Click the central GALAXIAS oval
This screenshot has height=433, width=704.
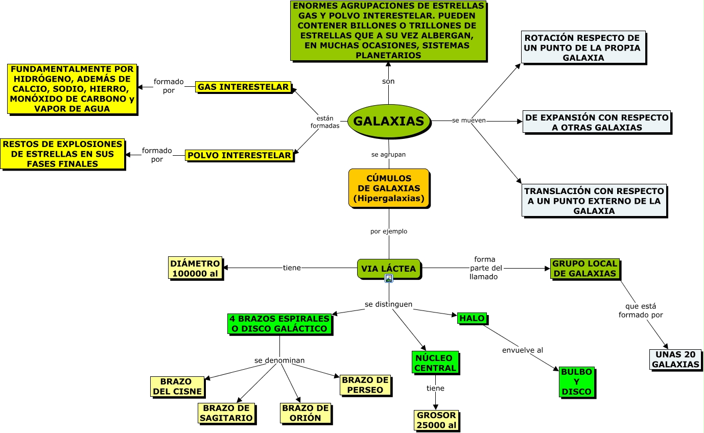coord(389,121)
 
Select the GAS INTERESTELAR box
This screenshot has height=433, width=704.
coord(243,87)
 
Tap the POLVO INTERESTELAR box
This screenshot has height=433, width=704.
coord(239,155)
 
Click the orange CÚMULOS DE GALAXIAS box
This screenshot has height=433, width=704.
coord(389,188)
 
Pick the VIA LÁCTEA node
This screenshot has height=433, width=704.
coord(389,269)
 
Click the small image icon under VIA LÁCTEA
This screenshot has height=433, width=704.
coord(389,278)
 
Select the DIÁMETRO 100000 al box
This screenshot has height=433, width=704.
coord(195,268)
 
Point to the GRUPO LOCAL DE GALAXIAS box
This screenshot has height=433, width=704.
coord(585,269)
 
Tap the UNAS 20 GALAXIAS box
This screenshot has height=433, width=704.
coord(675,359)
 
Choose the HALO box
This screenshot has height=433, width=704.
coord(472,318)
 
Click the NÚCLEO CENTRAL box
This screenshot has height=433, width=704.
coord(435,363)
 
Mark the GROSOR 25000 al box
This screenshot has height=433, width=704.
coord(436,420)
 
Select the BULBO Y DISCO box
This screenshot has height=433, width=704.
coord(577,381)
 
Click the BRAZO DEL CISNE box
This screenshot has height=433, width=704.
coord(177,387)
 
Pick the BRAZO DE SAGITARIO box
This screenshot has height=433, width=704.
coord(226,413)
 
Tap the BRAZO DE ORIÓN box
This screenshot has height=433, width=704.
coord(306,413)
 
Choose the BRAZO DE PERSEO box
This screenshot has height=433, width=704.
coord(365,385)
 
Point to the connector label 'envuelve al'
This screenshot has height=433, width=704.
coord(522,350)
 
